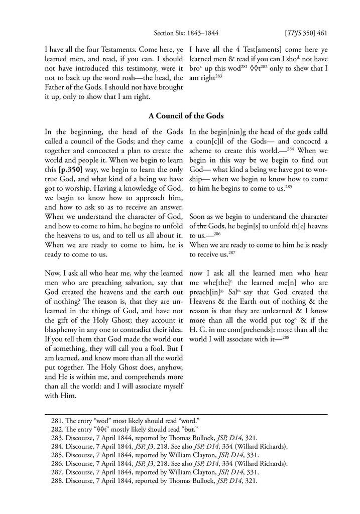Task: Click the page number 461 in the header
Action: coord(322,34)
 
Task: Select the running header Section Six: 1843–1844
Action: coord(185,34)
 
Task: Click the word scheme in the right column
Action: coord(201,151)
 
